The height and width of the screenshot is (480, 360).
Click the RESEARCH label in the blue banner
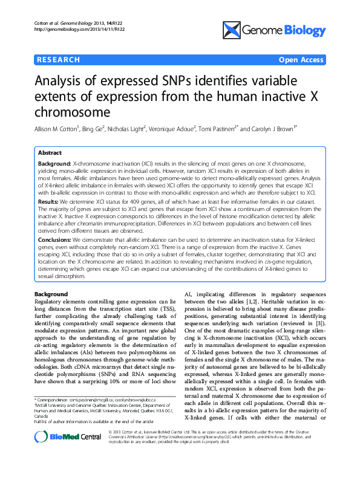click(x=59, y=60)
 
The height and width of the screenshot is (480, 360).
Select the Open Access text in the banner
click(x=300, y=60)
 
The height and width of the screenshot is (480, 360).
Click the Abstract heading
click(x=50, y=154)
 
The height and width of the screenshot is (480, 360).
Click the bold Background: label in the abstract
click(x=55, y=164)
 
